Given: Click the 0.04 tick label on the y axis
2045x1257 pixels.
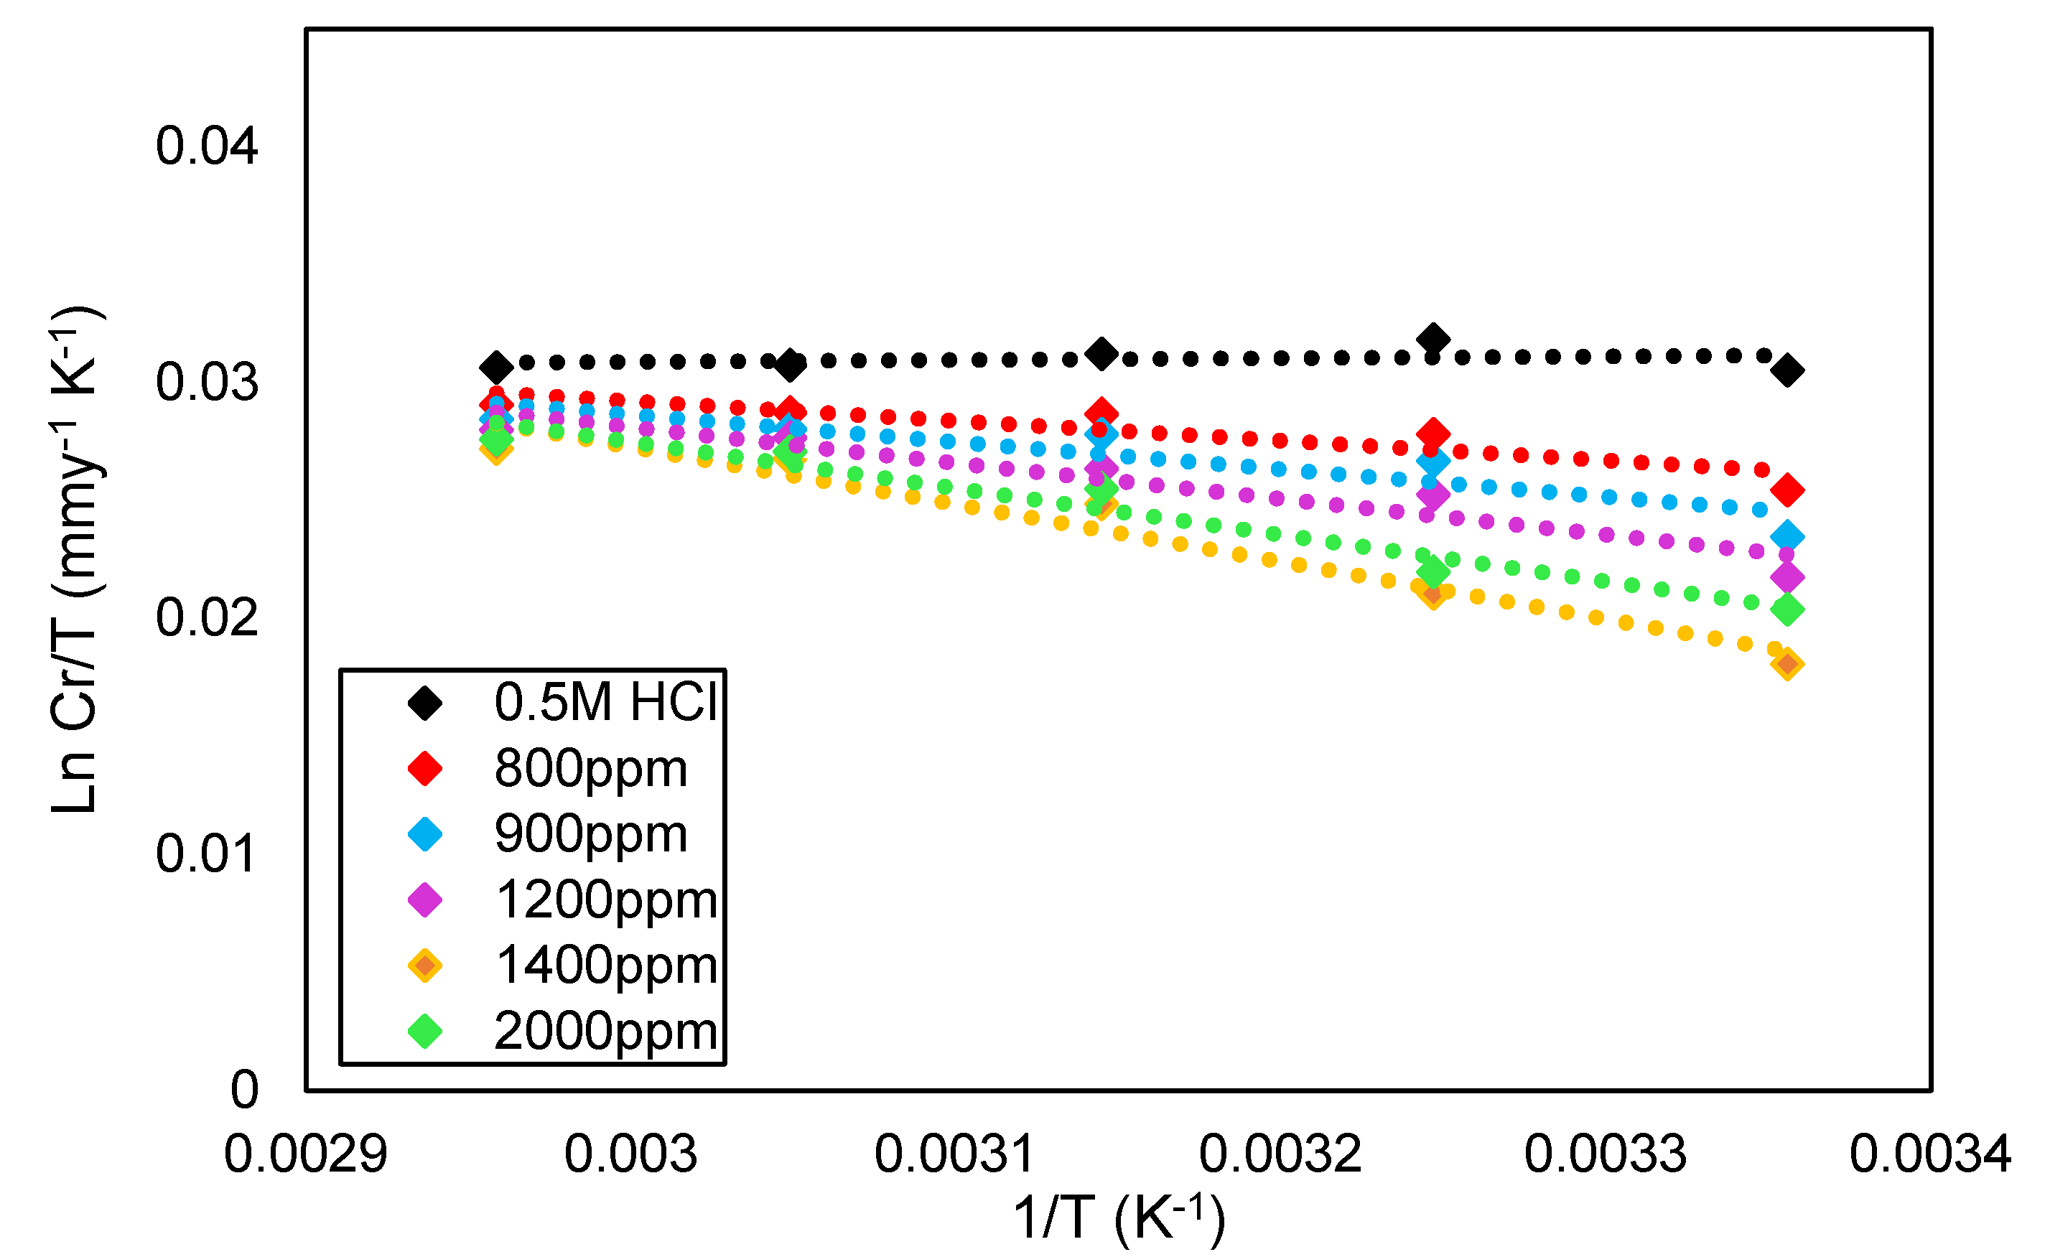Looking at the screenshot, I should pyautogui.click(x=206, y=146).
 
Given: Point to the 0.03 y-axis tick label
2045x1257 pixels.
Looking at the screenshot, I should pyautogui.click(x=206, y=383).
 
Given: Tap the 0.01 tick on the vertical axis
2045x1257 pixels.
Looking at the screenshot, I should pyautogui.click(x=206, y=854).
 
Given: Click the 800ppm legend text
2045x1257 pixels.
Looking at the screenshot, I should pyautogui.click(x=591, y=768).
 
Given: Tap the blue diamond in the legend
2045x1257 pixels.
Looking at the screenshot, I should pyautogui.click(x=425, y=834).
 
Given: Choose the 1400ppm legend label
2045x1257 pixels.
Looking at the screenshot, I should pyautogui.click(x=606, y=966).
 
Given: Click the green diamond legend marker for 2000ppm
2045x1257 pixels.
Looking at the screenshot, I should pyautogui.click(x=425, y=1032).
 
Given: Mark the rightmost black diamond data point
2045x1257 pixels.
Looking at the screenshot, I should pyautogui.click(x=1787, y=370).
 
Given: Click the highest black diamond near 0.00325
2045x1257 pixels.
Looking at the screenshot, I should pyautogui.click(x=1433, y=339).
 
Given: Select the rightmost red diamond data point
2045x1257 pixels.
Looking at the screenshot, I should pyautogui.click(x=1787, y=490).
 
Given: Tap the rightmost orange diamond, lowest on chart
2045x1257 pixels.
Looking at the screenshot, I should pyautogui.click(x=1787, y=664).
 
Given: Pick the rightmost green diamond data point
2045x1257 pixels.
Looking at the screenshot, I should pyautogui.click(x=1787, y=610).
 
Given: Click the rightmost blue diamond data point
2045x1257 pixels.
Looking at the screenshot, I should pyautogui.click(x=1787, y=536).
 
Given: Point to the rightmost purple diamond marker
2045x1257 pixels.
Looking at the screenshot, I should pyautogui.click(x=1787, y=577).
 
